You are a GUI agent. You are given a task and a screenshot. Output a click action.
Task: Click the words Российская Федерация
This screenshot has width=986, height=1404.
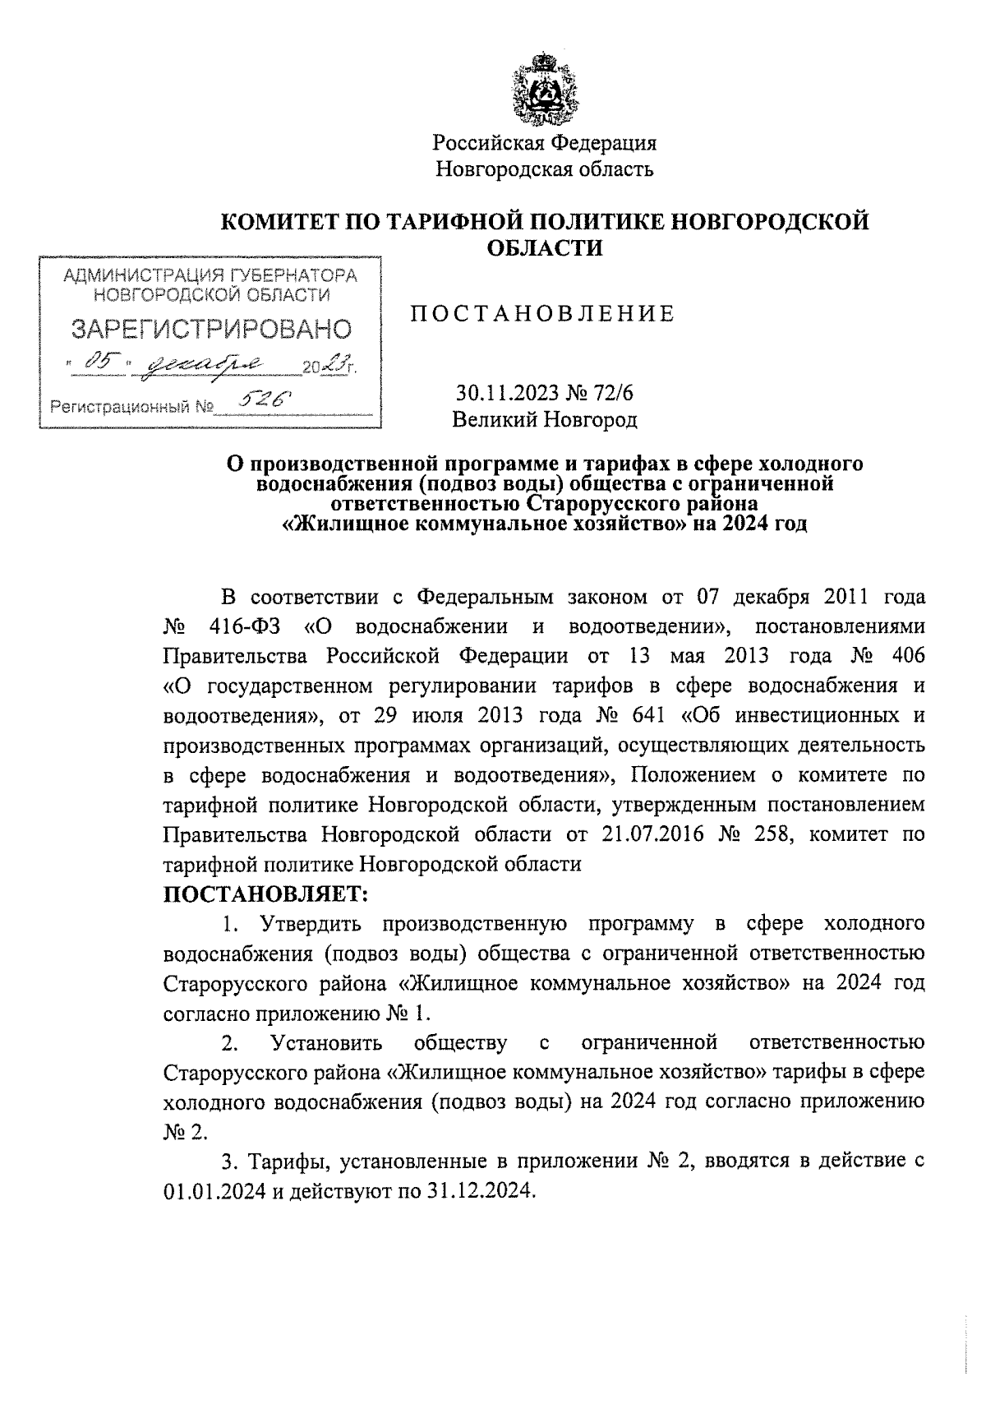545,143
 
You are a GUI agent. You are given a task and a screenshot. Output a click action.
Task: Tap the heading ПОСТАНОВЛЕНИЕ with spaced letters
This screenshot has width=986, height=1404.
542,313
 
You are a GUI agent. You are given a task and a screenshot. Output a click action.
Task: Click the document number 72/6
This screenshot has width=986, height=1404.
614,393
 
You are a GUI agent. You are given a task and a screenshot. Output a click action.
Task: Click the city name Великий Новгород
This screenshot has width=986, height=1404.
545,420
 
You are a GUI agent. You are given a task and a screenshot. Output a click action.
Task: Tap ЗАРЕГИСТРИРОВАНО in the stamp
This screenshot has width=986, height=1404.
211,330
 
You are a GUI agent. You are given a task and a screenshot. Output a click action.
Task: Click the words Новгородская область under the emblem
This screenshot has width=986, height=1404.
545,169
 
